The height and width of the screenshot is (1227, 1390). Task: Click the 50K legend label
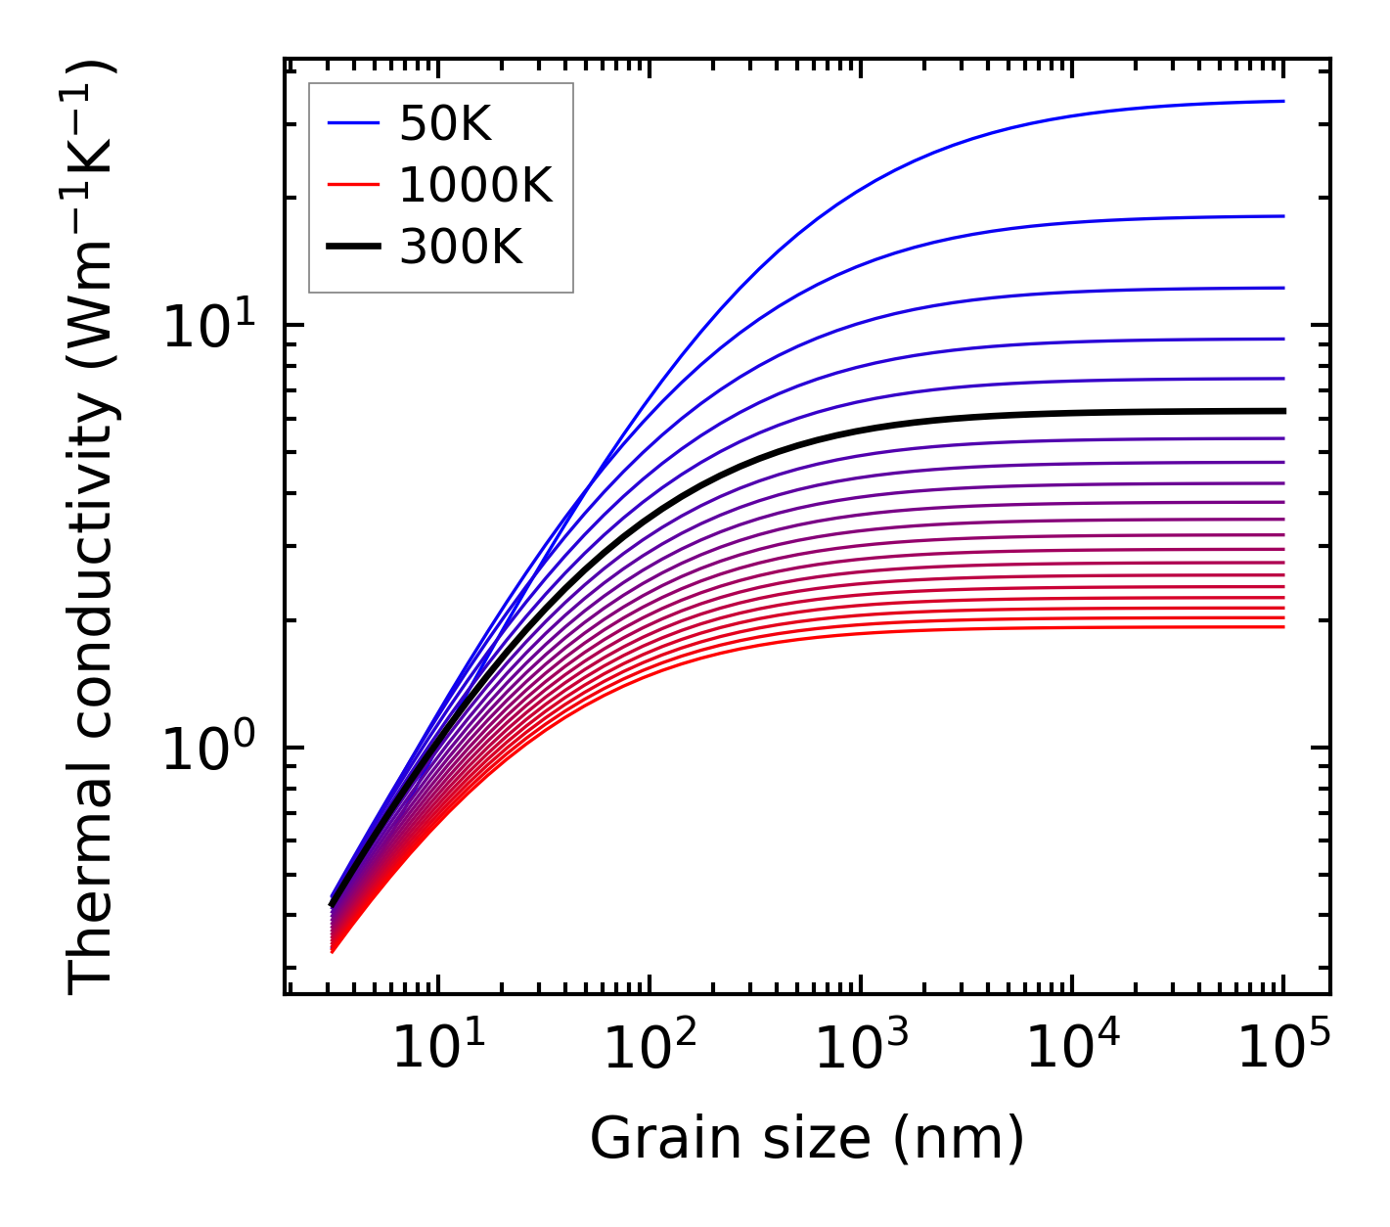[x=445, y=123]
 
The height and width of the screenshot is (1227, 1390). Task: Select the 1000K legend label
[x=475, y=185]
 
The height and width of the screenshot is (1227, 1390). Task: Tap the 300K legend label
[x=461, y=248]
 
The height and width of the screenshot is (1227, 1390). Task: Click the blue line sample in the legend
[x=352, y=123]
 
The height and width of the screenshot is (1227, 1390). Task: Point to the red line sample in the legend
[x=352, y=185]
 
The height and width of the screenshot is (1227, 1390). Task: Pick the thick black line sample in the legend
[x=352, y=248]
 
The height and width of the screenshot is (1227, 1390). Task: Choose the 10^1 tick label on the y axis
[x=207, y=326]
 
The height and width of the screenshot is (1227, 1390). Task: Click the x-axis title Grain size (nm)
[x=807, y=1139]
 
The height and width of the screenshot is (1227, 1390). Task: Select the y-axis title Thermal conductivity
[x=93, y=528]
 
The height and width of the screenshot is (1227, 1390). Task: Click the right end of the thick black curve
[x=1282, y=411]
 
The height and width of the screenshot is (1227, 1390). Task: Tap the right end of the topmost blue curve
[x=1282, y=101]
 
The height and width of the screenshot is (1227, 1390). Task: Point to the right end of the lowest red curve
[x=1282, y=626]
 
